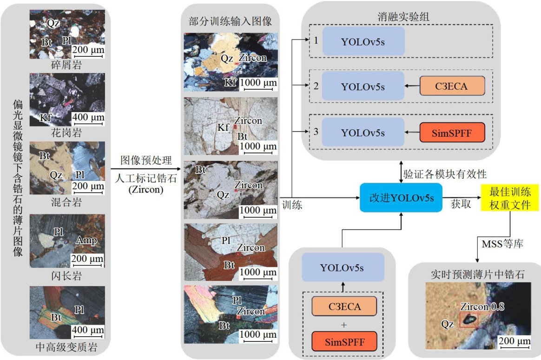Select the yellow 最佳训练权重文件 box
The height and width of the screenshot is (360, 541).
[x=510, y=197]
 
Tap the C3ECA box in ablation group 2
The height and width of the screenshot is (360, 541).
[x=452, y=87]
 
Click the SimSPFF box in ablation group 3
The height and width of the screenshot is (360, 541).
[x=452, y=132]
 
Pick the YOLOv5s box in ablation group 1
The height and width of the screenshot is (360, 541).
[x=363, y=41]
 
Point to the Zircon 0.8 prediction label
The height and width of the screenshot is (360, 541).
[x=482, y=307]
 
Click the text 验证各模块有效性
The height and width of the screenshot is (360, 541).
[x=445, y=174]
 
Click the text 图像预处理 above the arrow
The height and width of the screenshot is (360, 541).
[x=146, y=161]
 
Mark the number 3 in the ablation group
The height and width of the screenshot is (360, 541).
[x=316, y=132]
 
